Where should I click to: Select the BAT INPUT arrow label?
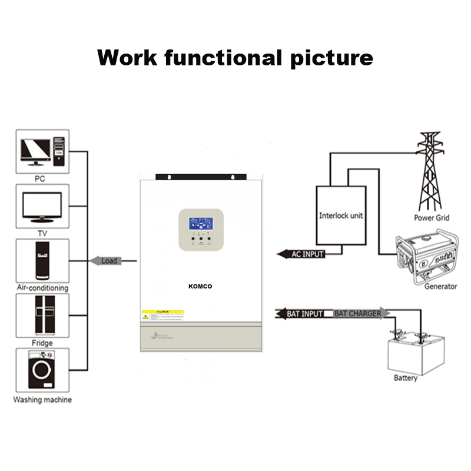click(303, 314)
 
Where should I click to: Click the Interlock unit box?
click(341, 215)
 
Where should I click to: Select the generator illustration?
click(425, 257)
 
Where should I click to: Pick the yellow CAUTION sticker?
click(162, 315)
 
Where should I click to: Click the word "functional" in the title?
click(224, 58)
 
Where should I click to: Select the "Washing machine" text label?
click(42, 400)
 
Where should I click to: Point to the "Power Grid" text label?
click(432, 218)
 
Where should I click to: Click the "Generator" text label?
click(440, 287)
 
